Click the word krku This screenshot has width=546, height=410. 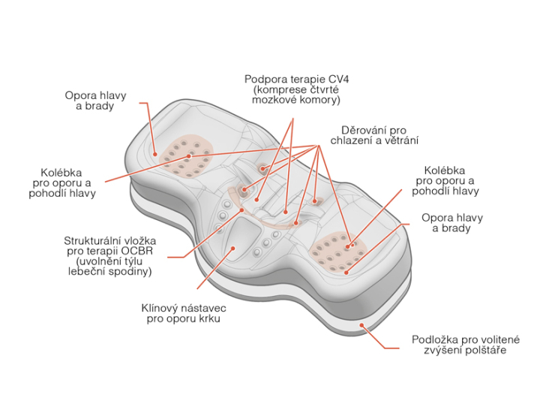pos(205,318)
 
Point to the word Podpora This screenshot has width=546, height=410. pos(265,79)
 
